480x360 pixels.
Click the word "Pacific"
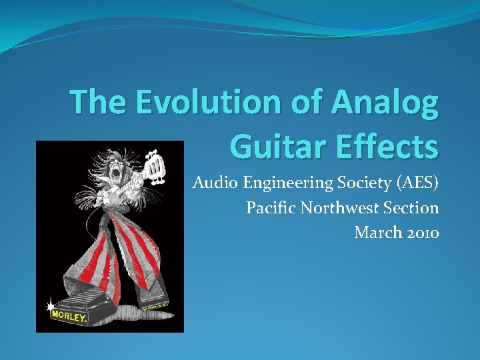pos(271,208)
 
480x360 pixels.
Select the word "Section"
pos(411,208)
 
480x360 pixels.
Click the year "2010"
pos(423,232)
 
